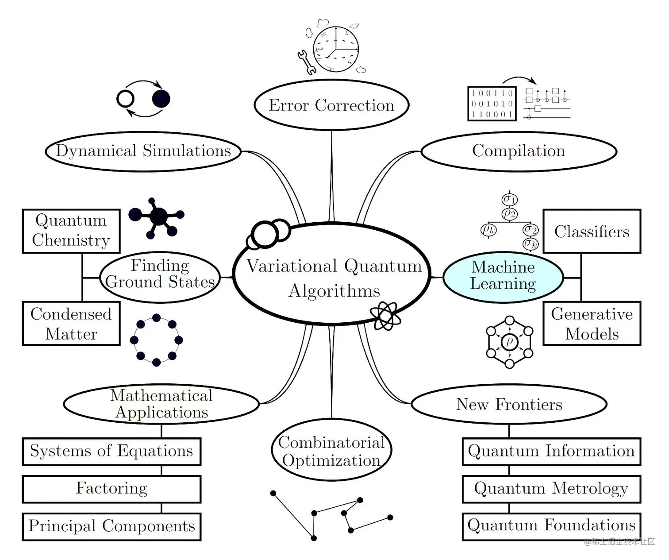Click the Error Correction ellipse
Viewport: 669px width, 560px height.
331,105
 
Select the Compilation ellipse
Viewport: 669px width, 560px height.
519,151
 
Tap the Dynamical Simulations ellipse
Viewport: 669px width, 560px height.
143,151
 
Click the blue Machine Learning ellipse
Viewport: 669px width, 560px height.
503,276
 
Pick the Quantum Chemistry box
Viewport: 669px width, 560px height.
71,231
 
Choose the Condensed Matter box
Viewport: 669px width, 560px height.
71,324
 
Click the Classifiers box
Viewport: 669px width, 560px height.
592,232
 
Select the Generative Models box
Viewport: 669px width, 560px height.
592,324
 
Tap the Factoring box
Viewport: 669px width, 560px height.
111,489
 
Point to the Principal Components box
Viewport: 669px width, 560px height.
111,526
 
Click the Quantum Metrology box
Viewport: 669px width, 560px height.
551,489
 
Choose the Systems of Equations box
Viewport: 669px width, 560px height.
111,452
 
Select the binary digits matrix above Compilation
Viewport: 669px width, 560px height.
492,104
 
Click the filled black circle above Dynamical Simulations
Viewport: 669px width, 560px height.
161,99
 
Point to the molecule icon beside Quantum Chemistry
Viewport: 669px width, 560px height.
158,217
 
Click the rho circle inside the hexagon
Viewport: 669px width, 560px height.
509,342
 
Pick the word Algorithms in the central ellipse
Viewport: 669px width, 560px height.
334,291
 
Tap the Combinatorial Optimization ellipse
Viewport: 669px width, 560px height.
331,451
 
